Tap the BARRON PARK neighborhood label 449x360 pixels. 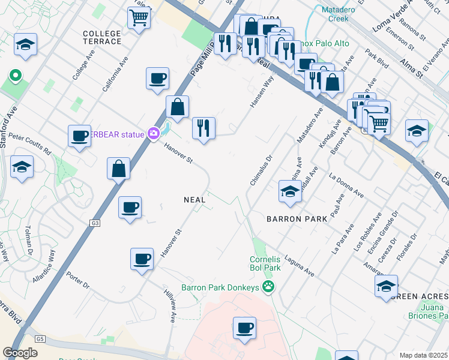coord(298,219)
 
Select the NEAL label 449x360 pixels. coord(195,199)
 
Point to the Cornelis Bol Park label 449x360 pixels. coord(265,263)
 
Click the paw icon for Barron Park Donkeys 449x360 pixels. coord(268,287)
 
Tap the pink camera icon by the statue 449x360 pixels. coord(154,134)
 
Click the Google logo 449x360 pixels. coord(20,353)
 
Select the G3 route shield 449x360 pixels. coord(95,223)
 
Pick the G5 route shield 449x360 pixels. coord(40,339)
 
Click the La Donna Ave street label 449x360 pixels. coord(347,186)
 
